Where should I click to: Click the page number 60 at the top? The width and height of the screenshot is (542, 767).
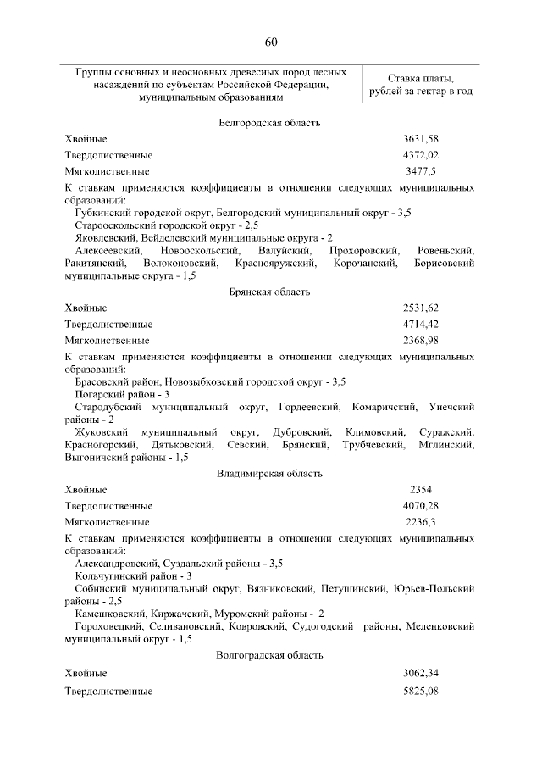[x=270, y=42]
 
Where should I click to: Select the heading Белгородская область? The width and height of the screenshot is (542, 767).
[x=269, y=123]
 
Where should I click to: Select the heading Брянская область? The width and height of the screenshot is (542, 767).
[x=269, y=292]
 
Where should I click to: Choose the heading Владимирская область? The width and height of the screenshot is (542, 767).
[x=269, y=473]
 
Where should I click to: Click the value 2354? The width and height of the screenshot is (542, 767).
[x=421, y=490]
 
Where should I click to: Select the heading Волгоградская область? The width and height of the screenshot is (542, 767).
[x=269, y=655]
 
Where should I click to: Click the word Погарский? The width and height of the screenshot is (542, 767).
[x=97, y=394]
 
